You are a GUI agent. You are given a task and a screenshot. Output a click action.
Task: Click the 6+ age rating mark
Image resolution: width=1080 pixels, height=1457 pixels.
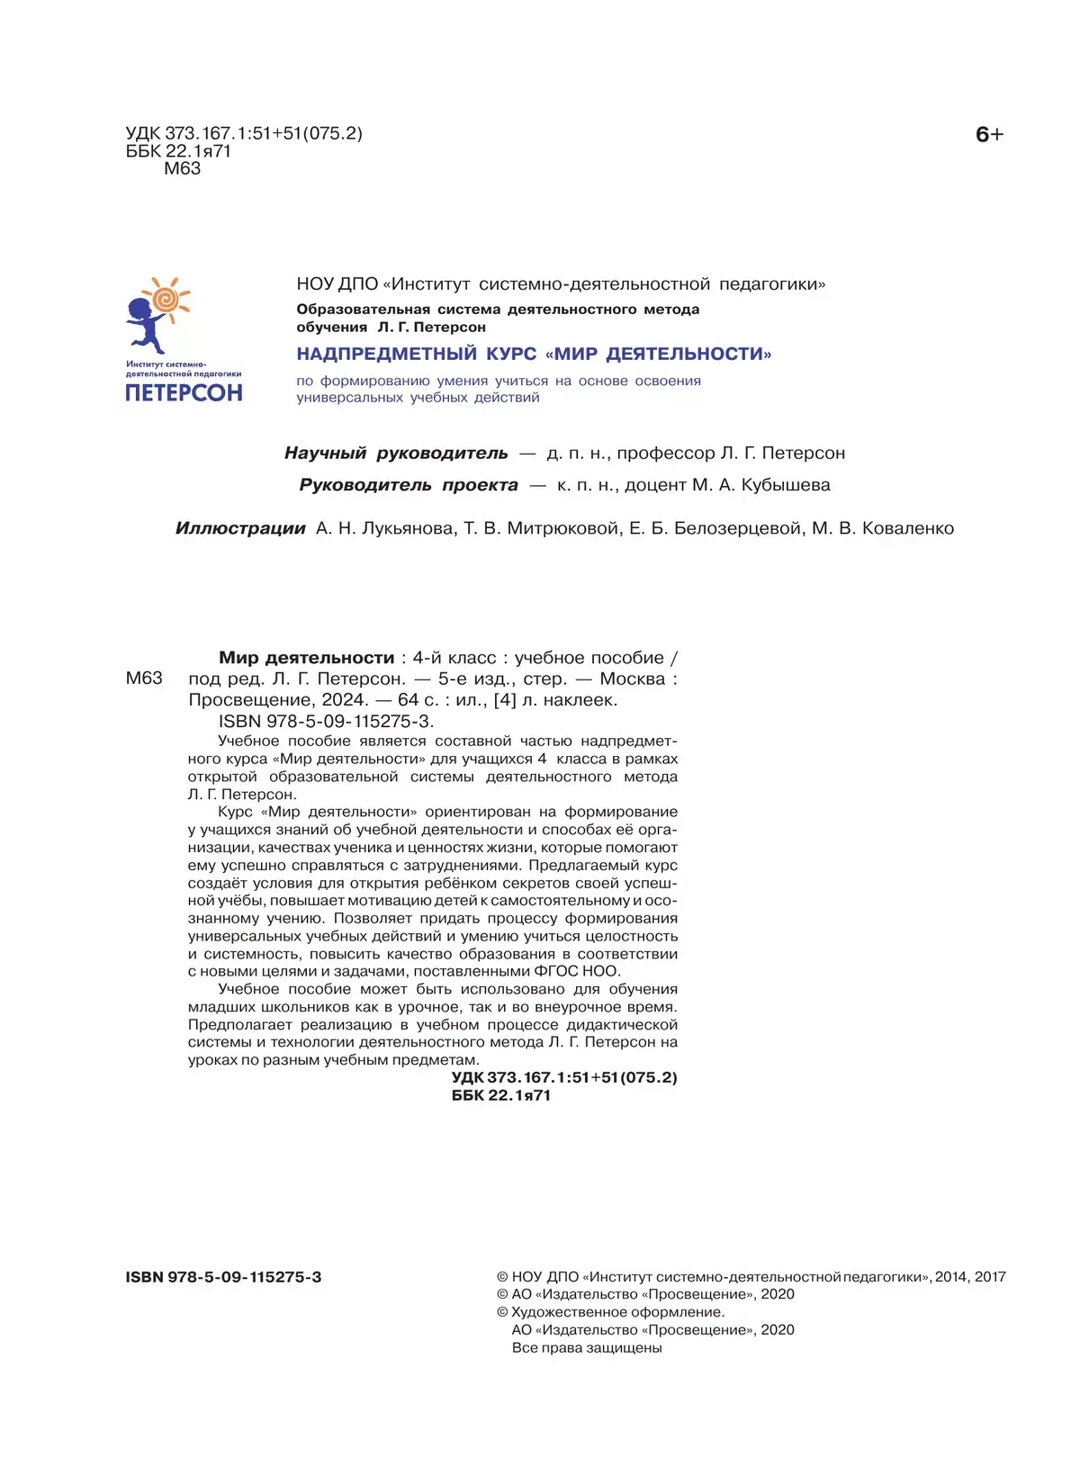pos(988,135)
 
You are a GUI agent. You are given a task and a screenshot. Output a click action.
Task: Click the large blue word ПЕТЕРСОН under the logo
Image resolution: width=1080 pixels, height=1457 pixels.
pos(184,393)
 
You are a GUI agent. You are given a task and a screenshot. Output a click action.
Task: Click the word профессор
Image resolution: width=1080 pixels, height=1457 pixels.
pos(665,453)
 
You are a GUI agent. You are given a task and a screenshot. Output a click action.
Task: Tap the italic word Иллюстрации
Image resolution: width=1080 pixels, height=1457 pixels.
pos(240,528)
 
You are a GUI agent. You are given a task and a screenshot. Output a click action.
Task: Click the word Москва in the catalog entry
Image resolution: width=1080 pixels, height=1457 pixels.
pos(632,679)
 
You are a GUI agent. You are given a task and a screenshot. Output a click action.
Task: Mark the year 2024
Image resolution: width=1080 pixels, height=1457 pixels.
pos(345,699)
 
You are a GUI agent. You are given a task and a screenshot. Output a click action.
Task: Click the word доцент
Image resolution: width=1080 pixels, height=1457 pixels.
pos(655,485)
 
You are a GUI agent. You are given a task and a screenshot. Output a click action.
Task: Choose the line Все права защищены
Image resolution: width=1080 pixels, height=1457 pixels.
pos(587,1347)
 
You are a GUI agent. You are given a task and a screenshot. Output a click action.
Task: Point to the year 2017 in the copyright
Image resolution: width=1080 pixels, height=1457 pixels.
pos(989,1276)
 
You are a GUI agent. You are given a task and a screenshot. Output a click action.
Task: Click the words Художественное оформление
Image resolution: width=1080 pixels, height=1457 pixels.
pos(617,1312)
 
